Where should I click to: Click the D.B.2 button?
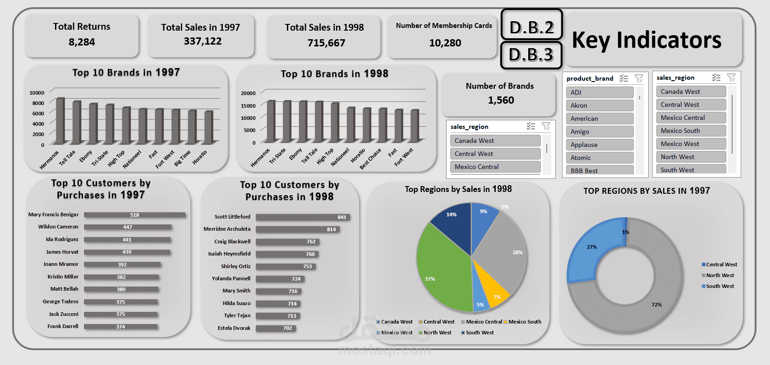(x=531, y=27)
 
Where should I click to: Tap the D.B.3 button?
(x=531, y=55)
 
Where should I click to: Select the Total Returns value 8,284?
(x=82, y=42)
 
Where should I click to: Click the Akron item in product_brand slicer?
(x=599, y=105)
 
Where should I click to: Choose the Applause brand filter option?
(x=599, y=145)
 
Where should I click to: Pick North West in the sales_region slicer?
(x=690, y=157)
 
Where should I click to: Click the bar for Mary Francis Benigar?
(x=134, y=215)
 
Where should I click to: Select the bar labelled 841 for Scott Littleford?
(x=302, y=217)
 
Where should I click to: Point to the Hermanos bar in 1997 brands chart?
(x=60, y=121)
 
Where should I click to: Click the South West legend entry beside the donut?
(x=719, y=286)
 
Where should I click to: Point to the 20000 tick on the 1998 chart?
(x=248, y=93)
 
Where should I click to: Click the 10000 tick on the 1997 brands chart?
(x=37, y=93)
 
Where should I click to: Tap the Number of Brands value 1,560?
(x=501, y=100)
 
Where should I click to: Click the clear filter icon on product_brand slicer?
(x=639, y=78)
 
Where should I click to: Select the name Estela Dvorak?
(x=234, y=328)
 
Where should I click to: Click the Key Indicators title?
(x=646, y=40)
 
